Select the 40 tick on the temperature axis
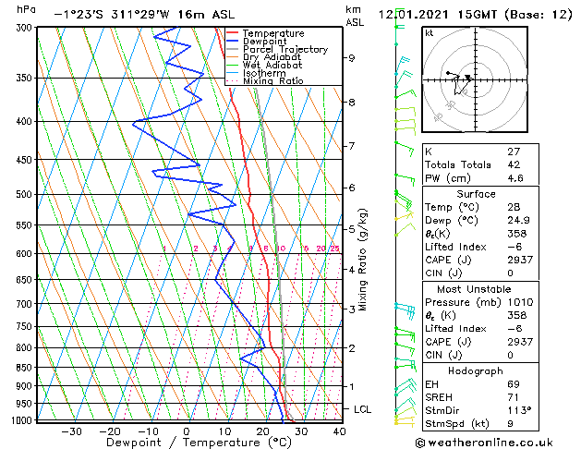pyautogui.click(x=340, y=431)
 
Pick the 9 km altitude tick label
pyautogui.click(x=352, y=58)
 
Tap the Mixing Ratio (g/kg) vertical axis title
pyautogui.click(x=363, y=260)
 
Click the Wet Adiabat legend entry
pyautogui.click(x=272, y=66)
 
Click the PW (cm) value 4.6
pyautogui.click(x=514, y=179)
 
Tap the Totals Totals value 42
pyautogui.click(x=514, y=165)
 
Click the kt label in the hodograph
pyautogui.click(x=430, y=32)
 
